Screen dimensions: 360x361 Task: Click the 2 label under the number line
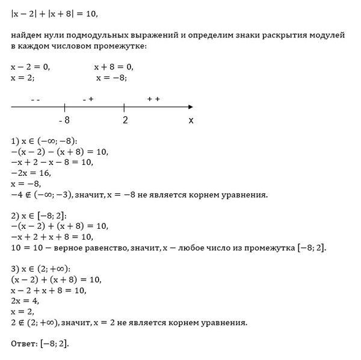point(125,120)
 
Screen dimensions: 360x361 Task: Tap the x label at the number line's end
point(191,120)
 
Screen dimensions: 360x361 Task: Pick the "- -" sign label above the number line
point(35,99)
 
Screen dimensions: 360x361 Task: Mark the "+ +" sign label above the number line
point(153,99)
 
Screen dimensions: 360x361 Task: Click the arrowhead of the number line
point(198,107)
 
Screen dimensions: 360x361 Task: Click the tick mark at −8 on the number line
point(64,107)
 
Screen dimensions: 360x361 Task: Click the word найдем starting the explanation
point(28,36)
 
